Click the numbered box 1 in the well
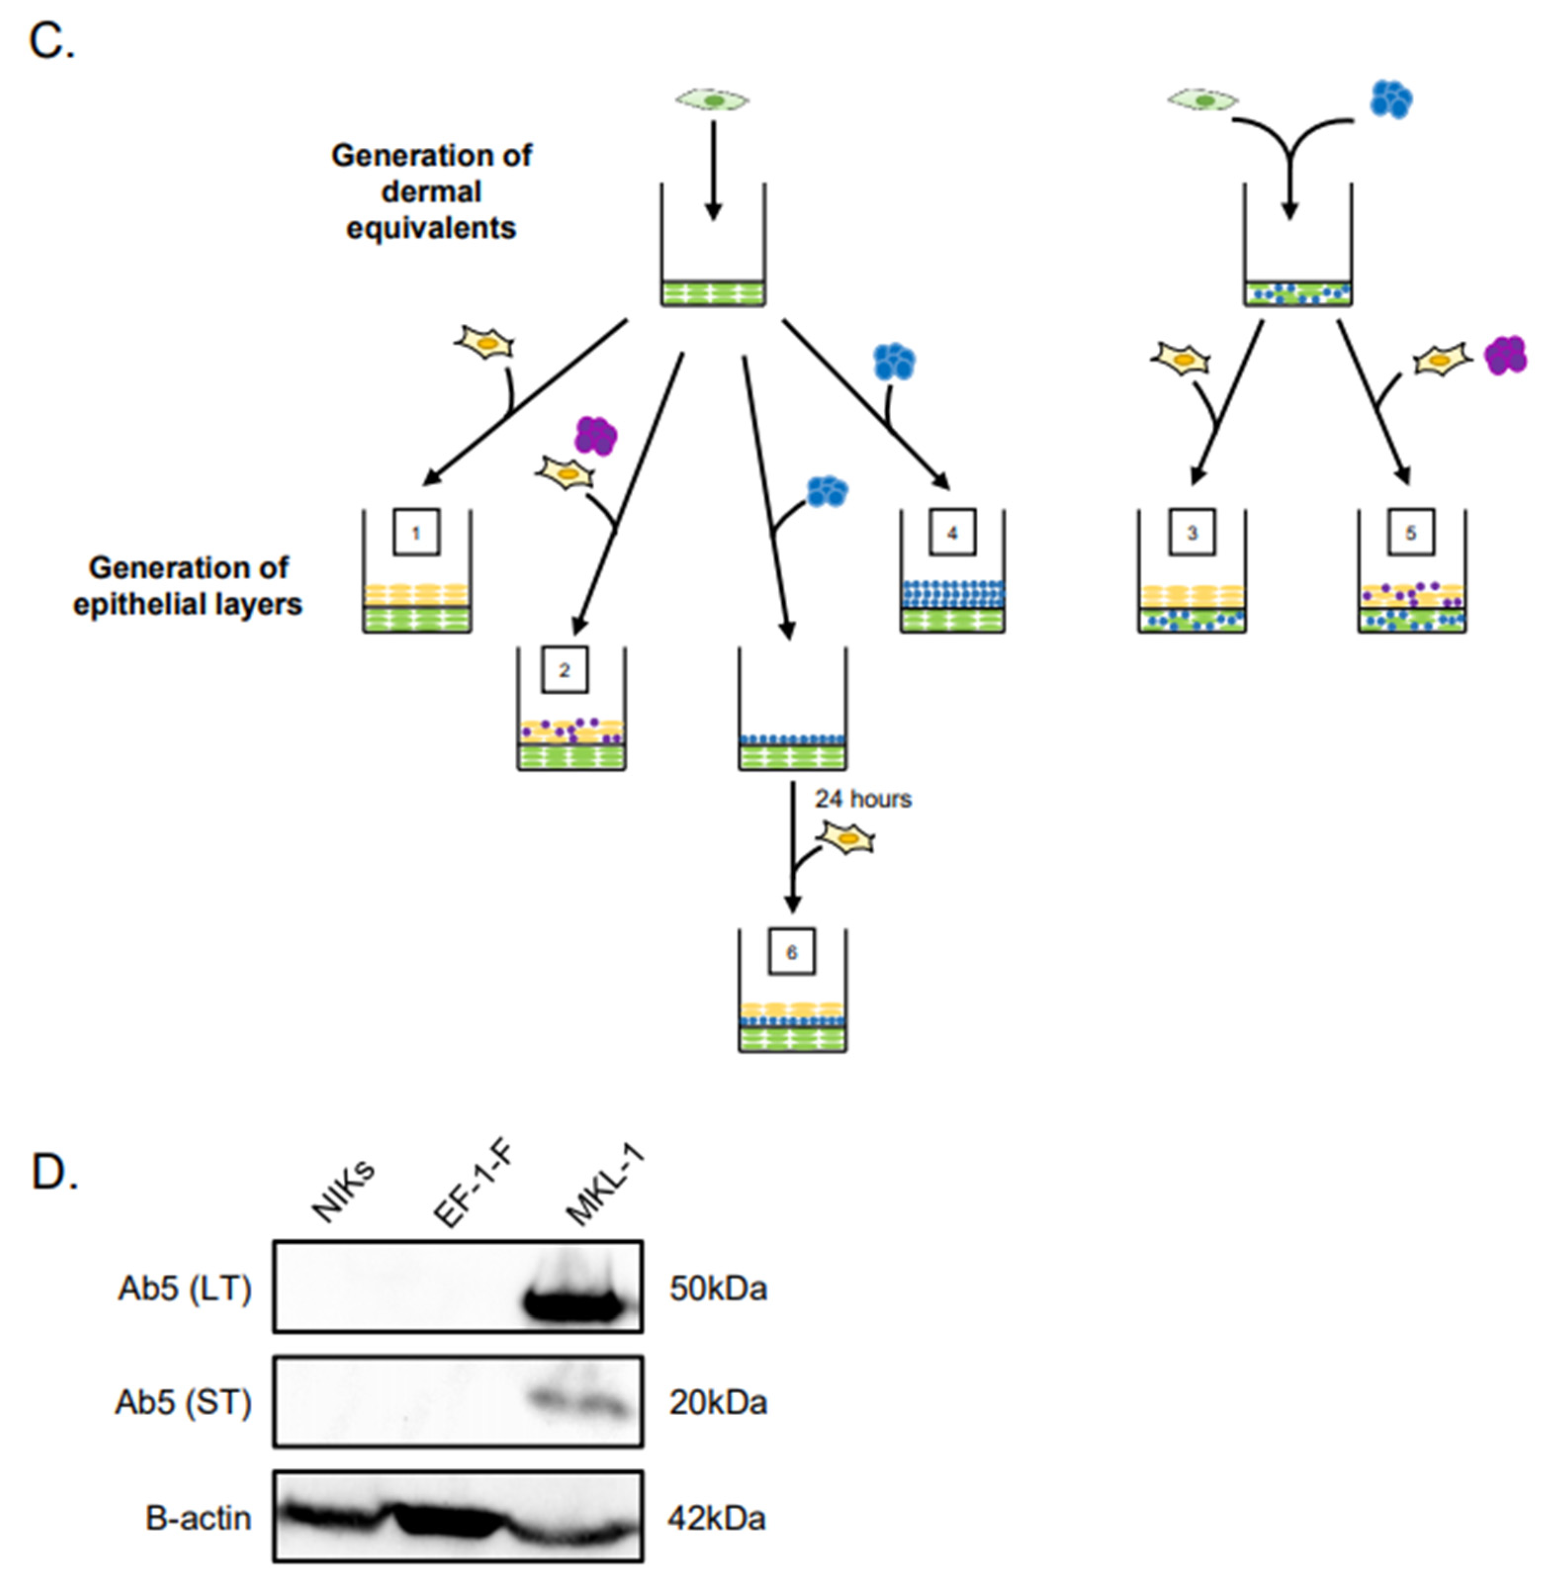tap(416, 532)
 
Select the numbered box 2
tap(564, 670)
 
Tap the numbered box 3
tap(1192, 532)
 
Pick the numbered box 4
tap(952, 532)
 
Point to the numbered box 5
tap(1411, 532)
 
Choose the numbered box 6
tap(792, 952)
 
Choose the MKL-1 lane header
tap(604, 1186)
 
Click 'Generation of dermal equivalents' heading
tap(432, 191)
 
